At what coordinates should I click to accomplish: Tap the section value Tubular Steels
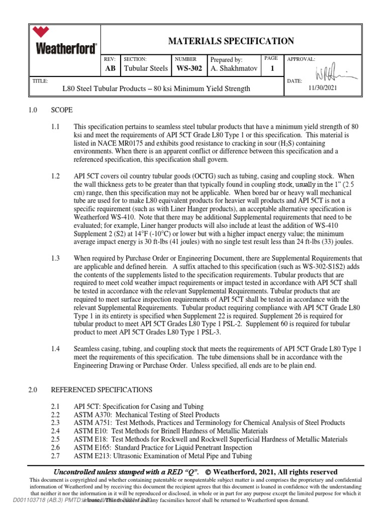146,68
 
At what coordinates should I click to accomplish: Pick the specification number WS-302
188,68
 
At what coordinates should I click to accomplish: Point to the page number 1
272,68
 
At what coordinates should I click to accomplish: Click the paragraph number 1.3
55,258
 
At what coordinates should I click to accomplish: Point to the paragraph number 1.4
55,349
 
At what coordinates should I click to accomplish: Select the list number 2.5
55,439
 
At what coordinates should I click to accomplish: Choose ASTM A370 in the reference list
92,415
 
